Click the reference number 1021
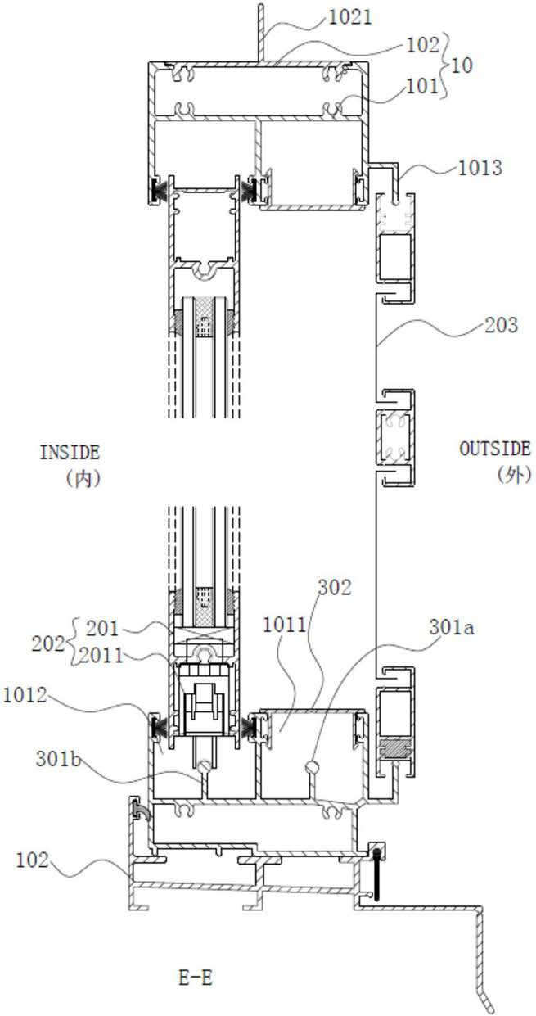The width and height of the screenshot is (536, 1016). click(350, 18)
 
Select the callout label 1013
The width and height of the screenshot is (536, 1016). click(480, 168)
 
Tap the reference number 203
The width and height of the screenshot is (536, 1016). click(501, 325)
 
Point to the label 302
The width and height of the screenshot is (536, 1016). click(335, 587)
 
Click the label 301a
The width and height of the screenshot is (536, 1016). click(452, 627)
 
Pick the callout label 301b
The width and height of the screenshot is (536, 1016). click(58, 759)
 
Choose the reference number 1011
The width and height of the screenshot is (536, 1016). click(285, 625)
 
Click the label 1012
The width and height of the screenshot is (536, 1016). click(25, 695)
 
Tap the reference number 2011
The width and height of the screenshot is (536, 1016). click(101, 656)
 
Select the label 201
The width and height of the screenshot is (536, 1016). click(102, 629)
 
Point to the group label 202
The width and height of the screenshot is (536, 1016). click(48, 643)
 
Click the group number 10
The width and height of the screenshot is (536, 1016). click(462, 65)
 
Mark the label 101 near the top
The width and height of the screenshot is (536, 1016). click(422, 86)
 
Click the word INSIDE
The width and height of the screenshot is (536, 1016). click(70, 453)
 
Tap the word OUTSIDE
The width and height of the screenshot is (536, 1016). click(495, 449)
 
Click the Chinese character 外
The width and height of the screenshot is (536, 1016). click(515, 475)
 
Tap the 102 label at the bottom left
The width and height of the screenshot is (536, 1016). click(32, 860)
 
